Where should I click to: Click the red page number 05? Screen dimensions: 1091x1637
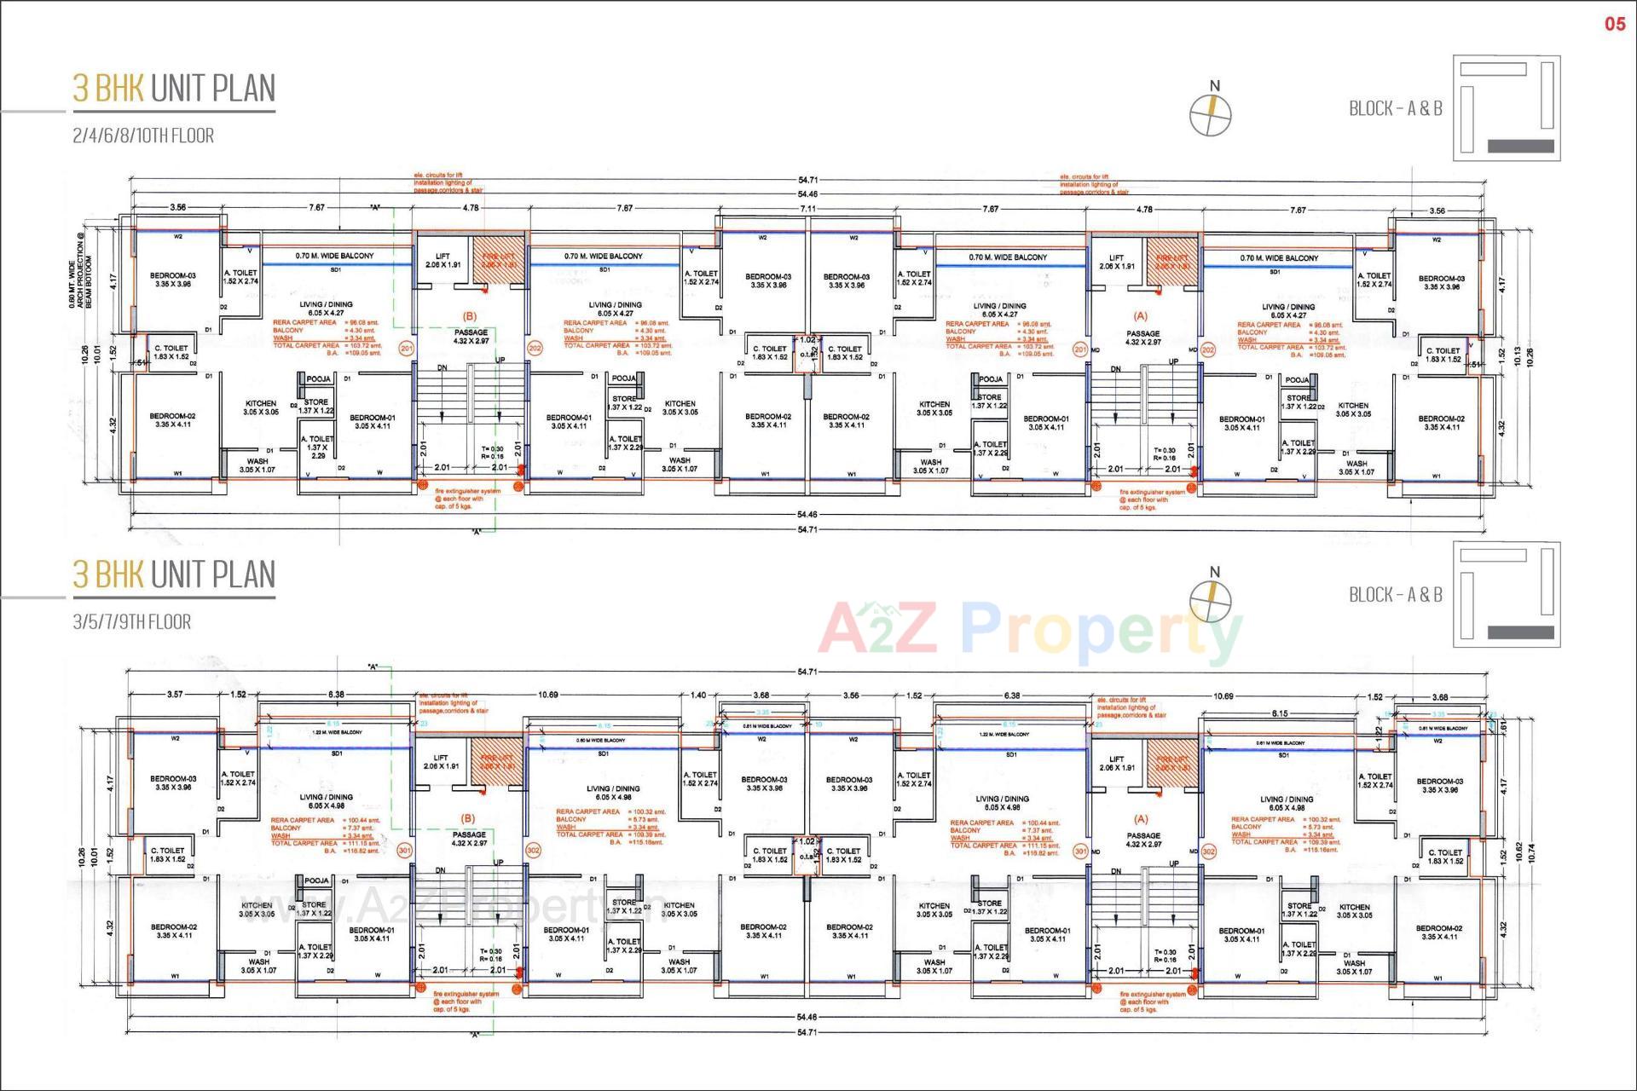[x=1615, y=24]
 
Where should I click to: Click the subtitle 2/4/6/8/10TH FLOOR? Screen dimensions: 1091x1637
[x=143, y=136]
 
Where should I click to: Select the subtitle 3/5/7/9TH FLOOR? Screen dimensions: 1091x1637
[x=132, y=622]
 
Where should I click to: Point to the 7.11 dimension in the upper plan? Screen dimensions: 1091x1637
[x=807, y=209]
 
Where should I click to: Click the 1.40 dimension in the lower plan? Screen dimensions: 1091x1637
[x=698, y=696]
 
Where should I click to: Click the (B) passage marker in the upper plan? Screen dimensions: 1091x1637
[x=469, y=316]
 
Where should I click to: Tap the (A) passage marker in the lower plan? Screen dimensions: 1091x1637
[x=1142, y=819]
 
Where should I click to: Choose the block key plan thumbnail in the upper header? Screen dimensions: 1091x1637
[x=1507, y=108]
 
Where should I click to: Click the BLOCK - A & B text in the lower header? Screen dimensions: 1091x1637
[x=1396, y=595]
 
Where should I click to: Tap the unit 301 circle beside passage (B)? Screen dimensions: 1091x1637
[x=405, y=851]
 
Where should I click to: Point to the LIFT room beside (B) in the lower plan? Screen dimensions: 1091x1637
[x=441, y=762]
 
